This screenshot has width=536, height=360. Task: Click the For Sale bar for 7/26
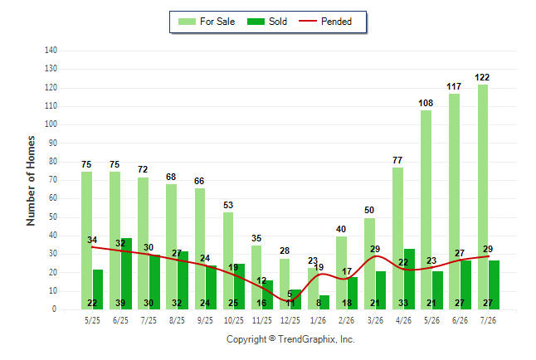point(483,197)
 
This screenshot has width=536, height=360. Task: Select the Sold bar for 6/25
point(126,274)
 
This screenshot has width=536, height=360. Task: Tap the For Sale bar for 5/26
point(426,210)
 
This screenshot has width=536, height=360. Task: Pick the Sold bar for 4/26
point(409,279)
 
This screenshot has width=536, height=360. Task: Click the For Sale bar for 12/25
point(285,285)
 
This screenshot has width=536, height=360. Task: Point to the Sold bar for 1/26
point(324,302)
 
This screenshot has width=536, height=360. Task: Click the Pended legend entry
point(325,22)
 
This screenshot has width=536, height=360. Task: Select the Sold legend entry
point(267,22)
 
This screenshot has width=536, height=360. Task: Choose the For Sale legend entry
point(207,22)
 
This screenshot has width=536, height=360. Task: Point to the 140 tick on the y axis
point(51,51)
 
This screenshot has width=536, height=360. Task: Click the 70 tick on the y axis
point(52,179)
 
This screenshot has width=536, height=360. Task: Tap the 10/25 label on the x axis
point(234,320)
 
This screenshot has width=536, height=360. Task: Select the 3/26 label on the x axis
point(375,320)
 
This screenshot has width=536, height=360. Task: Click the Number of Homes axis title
point(31,181)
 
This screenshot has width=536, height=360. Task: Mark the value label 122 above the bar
point(482,78)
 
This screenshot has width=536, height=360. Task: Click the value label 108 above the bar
point(426,103)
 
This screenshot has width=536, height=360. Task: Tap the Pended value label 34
point(92,240)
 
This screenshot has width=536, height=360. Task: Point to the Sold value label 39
point(120,303)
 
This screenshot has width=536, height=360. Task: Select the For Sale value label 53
point(228,205)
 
